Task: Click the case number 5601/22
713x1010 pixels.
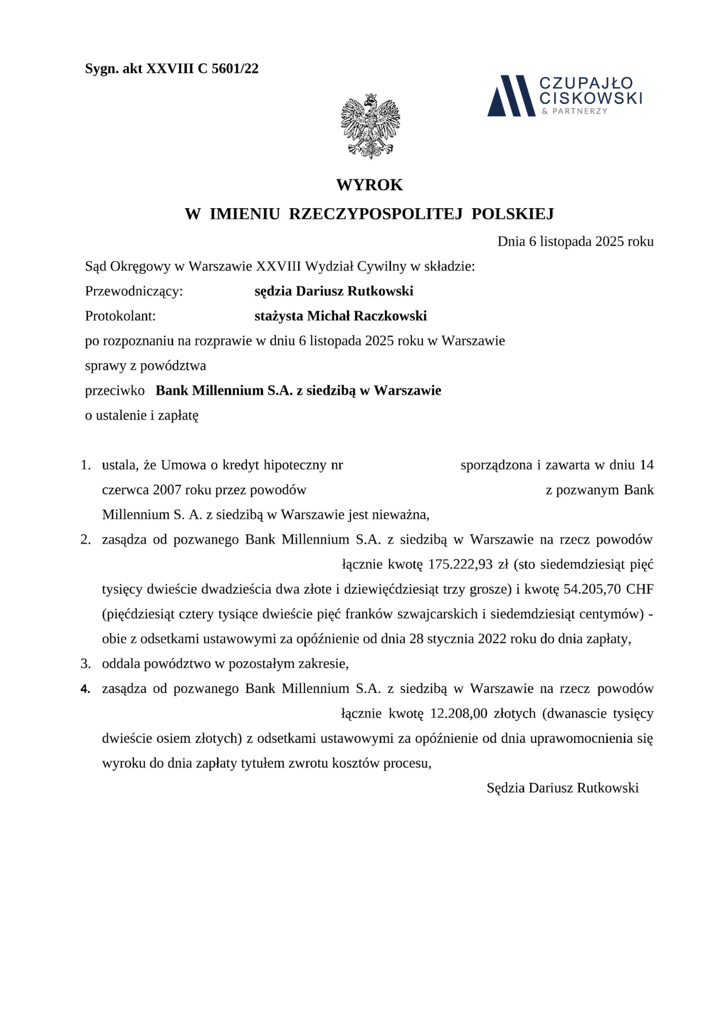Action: click(235, 69)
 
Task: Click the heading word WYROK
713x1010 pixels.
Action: click(370, 185)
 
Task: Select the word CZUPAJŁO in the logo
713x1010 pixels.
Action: click(586, 83)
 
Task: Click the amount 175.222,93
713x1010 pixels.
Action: click(460, 564)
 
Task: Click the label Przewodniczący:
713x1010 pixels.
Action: click(134, 291)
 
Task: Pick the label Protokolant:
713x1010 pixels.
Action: click(120, 316)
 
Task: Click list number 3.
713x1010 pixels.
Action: click(86, 664)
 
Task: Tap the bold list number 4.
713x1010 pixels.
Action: click(86, 689)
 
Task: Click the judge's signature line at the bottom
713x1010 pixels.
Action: click(562, 788)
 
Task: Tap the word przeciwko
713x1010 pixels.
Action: click(115, 391)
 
